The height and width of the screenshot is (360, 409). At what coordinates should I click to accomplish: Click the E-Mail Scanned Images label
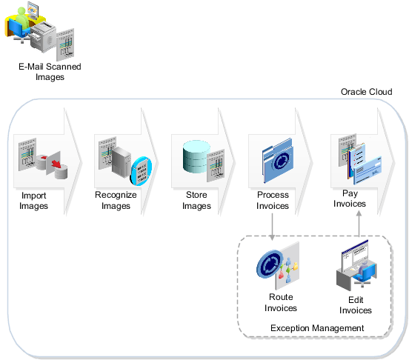[x=50, y=71]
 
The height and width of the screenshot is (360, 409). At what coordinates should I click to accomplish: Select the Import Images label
[x=34, y=201]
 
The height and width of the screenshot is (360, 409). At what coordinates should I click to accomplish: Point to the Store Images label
[x=197, y=201]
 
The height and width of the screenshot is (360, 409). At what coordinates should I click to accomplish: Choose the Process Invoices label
[x=272, y=201]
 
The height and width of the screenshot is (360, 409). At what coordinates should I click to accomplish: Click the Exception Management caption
[x=316, y=327]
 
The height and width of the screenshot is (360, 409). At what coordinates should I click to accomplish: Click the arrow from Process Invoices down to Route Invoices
[x=272, y=226]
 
